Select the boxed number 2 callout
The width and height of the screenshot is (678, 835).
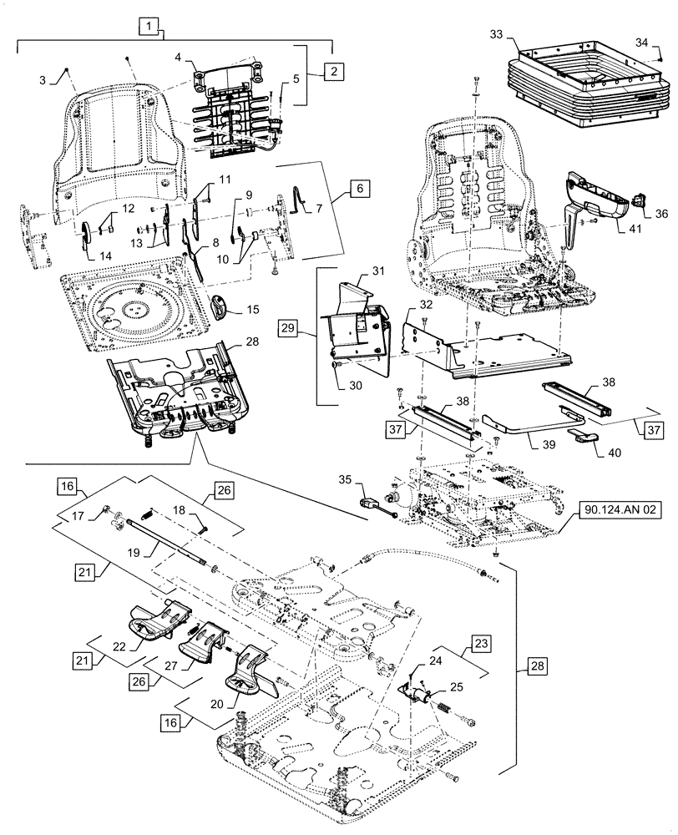pos(331,71)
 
